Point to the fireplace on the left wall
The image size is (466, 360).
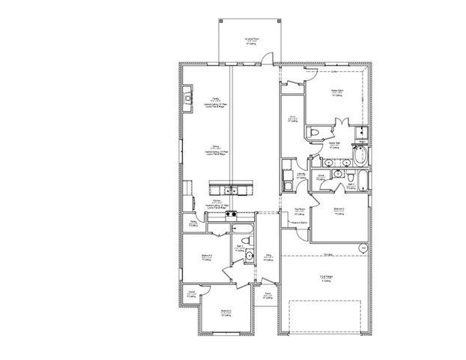[187, 95]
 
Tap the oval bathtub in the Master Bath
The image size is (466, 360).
[360, 157]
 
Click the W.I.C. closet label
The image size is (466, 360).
[293, 120]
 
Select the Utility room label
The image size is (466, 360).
[300, 174]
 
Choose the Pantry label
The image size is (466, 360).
[193, 222]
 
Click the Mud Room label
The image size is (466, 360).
[298, 211]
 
